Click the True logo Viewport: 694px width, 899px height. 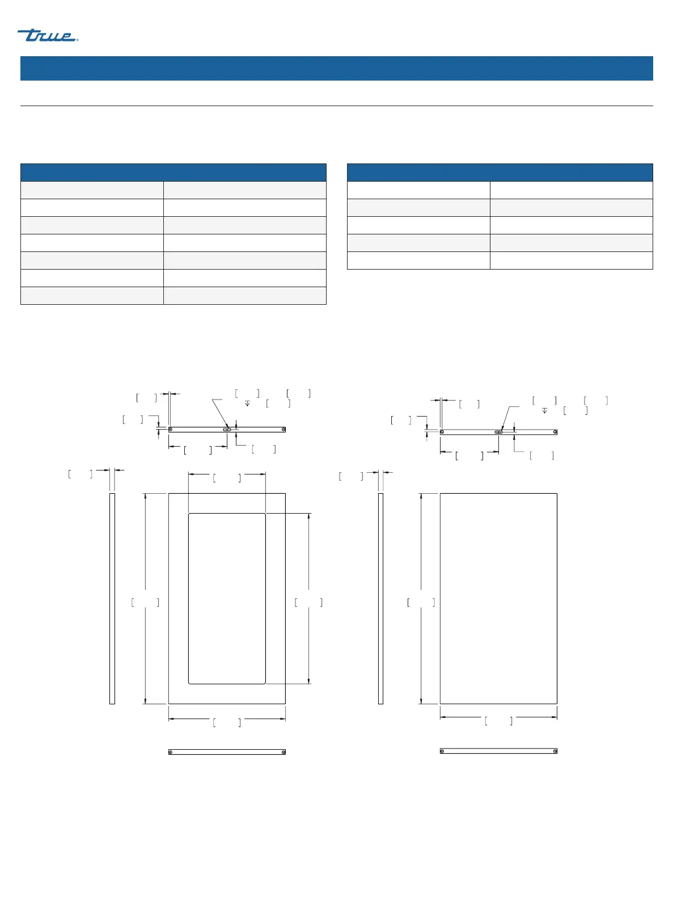click(48, 35)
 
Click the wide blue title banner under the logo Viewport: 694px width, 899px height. click(336, 68)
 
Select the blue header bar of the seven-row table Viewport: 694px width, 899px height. click(173, 172)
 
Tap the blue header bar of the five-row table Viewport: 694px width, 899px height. click(500, 172)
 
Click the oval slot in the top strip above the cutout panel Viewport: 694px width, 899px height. click(227, 430)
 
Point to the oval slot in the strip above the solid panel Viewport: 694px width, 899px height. click(498, 432)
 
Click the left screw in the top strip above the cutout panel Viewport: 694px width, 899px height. click(170, 430)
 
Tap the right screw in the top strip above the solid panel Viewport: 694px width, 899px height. click(555, 432)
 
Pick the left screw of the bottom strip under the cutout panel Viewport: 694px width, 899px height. click(170, 752)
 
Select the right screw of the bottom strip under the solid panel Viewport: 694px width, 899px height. click(555, 751)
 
